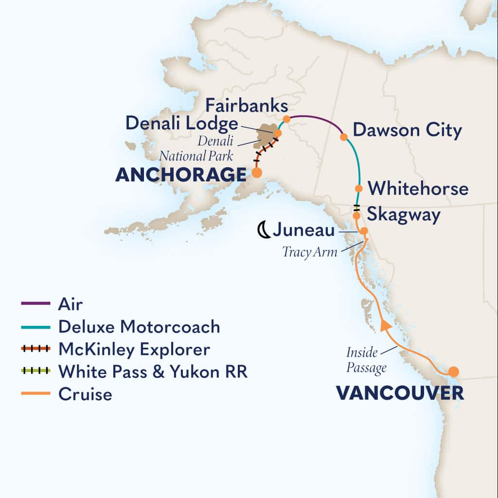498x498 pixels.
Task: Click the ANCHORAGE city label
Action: [x=180, y=175]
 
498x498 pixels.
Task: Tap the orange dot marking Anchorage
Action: [x=256, y=172]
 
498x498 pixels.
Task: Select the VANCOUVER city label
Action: [x=400, y=393]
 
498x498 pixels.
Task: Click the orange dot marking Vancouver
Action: [x=453, y=372]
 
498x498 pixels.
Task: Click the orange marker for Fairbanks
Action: [x=286, y=119]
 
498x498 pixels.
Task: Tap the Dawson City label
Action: [x=407, y=130]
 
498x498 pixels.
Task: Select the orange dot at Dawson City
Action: [x=344, y=137]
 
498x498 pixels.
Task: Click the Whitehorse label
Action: [x=418, y=189]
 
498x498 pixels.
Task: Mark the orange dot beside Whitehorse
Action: [x=358, y=189]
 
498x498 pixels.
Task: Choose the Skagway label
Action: [x=404, y=214]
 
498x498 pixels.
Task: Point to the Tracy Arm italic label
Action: [x=310, y=252]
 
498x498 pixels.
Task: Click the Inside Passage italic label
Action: [x=367, y=359]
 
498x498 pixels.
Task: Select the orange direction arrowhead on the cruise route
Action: [x=385, y=326]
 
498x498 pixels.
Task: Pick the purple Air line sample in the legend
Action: [x=36, y=304]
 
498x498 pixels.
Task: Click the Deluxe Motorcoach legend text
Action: [x=139, y=327]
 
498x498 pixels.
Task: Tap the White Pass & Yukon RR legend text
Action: [x=153, y=372]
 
